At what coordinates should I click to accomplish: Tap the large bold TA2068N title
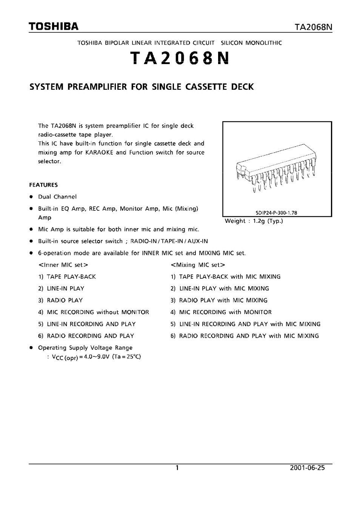click(x=180, y=58)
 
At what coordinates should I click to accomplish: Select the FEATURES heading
click(x=43, y=185)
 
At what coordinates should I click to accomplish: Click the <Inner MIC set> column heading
click(x=63, y=265)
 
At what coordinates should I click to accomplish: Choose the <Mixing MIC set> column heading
click(x=198, y=265)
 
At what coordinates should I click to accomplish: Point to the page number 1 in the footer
click(x=177, y=468)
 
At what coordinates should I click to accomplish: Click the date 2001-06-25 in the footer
click(x=307, y=468)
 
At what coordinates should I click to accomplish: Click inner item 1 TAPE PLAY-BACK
click(x=67, y=277)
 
